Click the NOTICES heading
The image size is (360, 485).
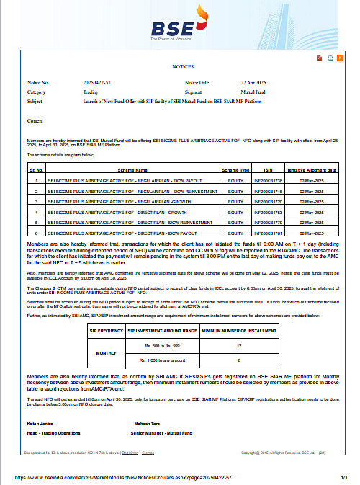pyautogui.click(x=182, y=66)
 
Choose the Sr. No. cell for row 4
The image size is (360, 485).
pyautogui.click(x=37, y=212)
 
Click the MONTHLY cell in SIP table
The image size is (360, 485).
pyautogui.click(x=106, y=353)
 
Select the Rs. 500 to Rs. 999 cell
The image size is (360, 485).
pyautogui.click(x=161, y=347)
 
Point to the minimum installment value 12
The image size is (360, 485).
pyautogui.click(x=238, y=347)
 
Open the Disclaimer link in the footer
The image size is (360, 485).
pyautogui.click(x=130, y=453)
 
